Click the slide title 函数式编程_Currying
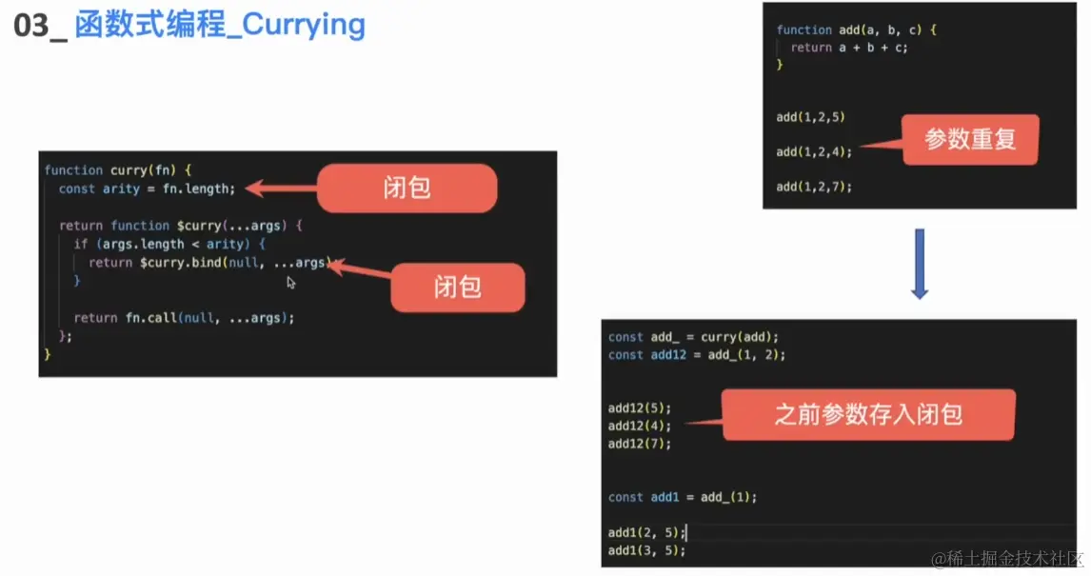(x=219, y=26)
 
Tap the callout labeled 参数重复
(x=970, y=140)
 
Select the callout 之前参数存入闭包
(x=867, y=414)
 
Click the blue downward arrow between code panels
(x=919, y=264)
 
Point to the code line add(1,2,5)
(x=810, y=117)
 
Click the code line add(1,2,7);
(x=814, y=187)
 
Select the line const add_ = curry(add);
(x=693, y=336)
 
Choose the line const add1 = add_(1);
(x=682, y=497)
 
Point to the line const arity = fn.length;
(x=146, y=189)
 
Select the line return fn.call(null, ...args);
(x=184, y=318)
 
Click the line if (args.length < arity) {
(x=169, y=244)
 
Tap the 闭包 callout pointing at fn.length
(x=407, y=188)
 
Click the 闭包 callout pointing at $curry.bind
(x=457, y=287)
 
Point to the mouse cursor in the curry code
(x=291, y=283)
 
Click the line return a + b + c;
(x=849, y=48)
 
